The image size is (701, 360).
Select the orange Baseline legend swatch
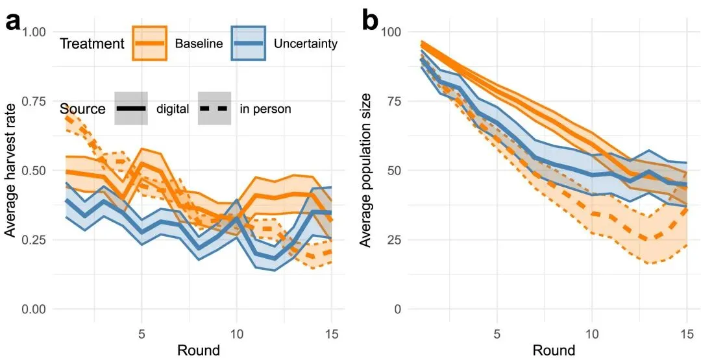150,43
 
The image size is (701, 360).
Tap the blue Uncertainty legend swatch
248,43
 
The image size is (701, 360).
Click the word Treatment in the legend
91,44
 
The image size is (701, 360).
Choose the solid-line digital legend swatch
131,108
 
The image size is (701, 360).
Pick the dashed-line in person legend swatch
215,108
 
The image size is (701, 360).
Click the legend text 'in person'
265,109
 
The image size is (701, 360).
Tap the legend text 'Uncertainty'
306,44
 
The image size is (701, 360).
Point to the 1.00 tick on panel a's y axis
38,32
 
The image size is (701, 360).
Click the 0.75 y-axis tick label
38,101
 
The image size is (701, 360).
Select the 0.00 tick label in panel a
38,309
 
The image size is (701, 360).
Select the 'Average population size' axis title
366,170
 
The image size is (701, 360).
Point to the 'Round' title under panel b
554,350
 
